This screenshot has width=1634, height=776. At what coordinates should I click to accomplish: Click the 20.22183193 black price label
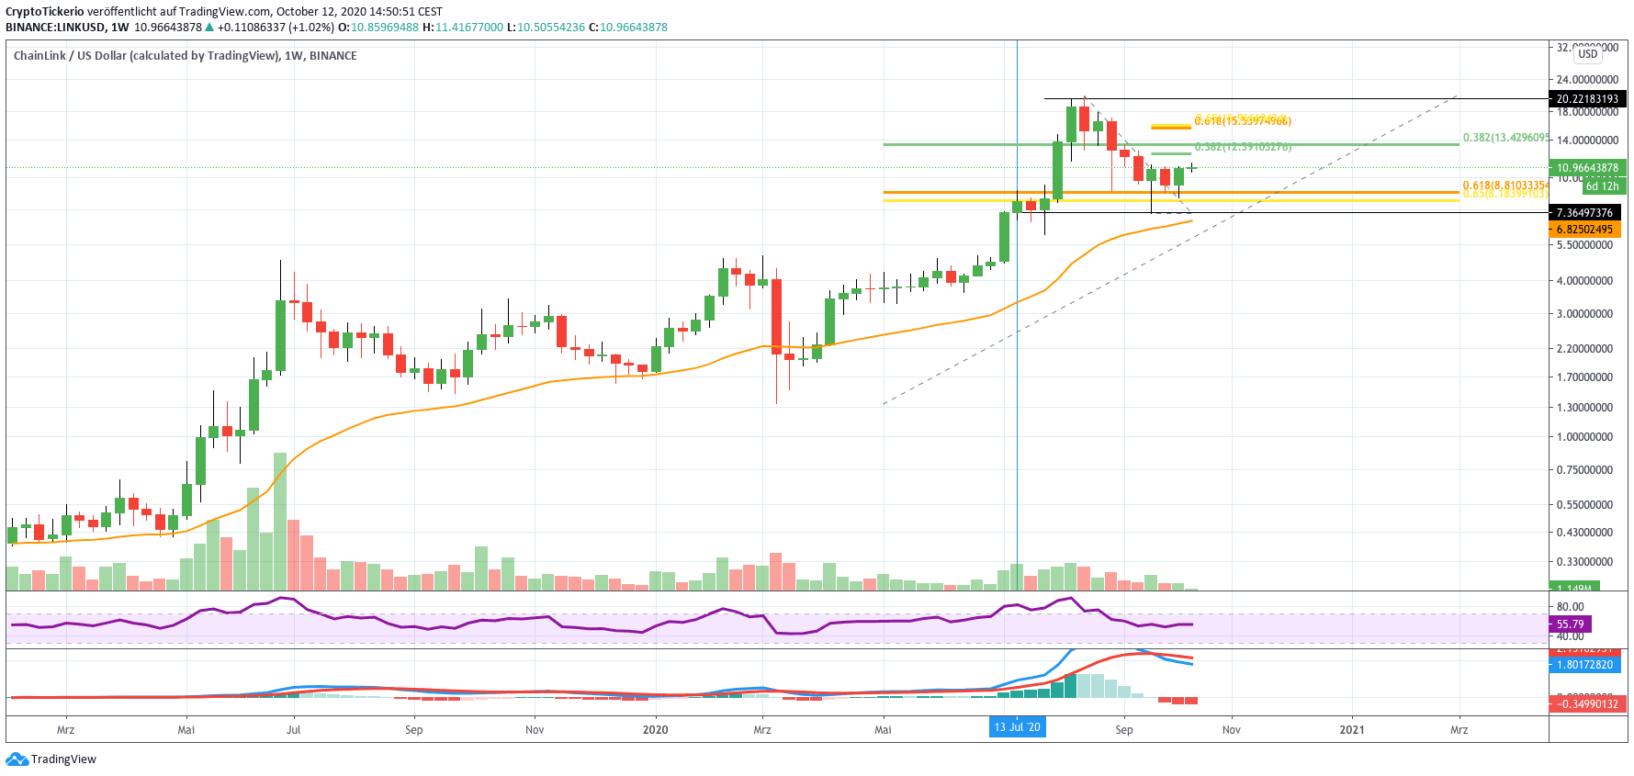coord(1586,98)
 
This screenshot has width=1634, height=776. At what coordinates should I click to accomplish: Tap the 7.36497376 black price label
coord(1584,212)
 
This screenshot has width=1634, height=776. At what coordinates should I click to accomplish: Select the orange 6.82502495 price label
coord(1584,229)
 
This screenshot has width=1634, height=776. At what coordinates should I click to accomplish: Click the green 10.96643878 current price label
coord(1587,168)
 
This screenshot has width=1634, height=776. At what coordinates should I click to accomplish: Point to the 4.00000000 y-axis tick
coord(1584,281)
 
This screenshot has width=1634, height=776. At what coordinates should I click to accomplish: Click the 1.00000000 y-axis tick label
coord(1584,437)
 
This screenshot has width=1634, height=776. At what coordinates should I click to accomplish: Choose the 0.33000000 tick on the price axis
coord(1584,562)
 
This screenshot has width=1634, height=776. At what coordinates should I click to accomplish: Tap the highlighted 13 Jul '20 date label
coord(1017,727)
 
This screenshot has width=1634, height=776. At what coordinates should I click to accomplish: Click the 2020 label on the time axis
coord(655,730)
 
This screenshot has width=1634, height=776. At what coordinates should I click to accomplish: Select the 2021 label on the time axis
coord(1351,730)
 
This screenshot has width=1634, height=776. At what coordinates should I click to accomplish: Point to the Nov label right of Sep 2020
coord(1231,730)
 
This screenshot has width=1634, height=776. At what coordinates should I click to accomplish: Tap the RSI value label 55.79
coord(1570,624)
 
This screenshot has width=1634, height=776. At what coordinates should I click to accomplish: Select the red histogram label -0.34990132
coord(1586,703)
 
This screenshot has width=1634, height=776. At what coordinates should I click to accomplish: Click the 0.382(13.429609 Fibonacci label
coord(1504,138)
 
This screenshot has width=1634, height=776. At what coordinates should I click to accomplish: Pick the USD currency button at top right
coord(1588,54)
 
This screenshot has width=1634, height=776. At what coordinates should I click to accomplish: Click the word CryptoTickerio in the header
coord(44,12)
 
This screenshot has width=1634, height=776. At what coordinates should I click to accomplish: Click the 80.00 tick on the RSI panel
coord(1570,606)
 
